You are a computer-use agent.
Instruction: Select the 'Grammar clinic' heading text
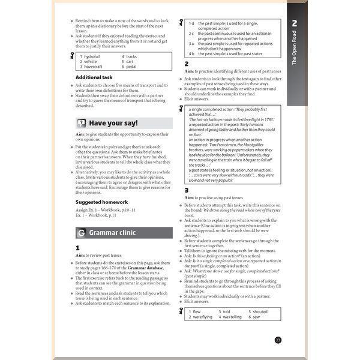[x=112, y=233]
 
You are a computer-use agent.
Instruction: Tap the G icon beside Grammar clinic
[x=81, y=233]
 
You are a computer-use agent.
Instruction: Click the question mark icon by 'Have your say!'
[x=82, y=123]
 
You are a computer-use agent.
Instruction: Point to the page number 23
[x=278, y=340]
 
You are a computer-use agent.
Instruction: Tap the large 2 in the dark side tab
[x=295, y=24]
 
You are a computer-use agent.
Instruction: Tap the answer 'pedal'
[x=132, y=67]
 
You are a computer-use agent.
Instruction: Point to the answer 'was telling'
[x=233, y=317]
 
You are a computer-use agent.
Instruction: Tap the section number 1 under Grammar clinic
[x=78, y=247]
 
